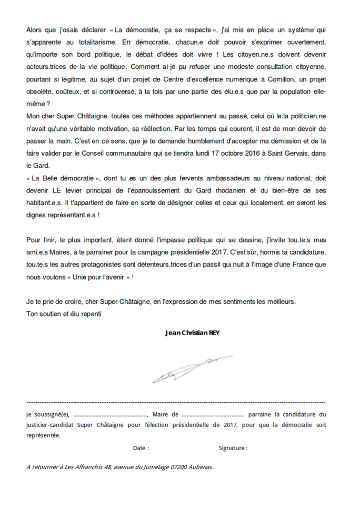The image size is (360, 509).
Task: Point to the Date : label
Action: [141, 448]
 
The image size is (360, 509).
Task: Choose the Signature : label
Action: [233, 448]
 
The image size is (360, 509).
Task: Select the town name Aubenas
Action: [202, 466]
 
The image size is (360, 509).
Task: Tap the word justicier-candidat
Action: [49, 425]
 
